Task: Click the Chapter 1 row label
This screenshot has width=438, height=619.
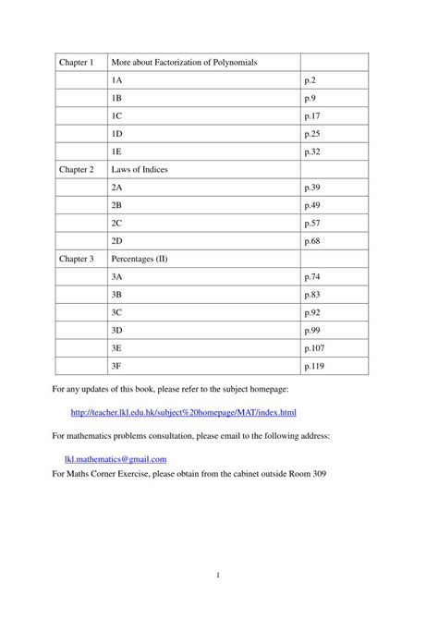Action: click(77, 63)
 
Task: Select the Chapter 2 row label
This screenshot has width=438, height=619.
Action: click(77, 170)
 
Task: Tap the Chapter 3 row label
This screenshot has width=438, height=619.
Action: click(77, 259)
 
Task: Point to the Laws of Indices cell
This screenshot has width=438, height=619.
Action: click(140, 170)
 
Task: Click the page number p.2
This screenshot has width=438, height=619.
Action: click(310, 80)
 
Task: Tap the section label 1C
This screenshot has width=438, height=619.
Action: click(116, 116)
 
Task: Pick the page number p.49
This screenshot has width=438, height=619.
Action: click(311, 205)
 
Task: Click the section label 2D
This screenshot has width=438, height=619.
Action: click(116, 240)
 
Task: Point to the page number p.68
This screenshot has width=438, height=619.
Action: click(311, 240)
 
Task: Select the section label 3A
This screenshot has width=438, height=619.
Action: click(116, 276)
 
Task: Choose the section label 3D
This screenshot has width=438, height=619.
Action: click(116, 330)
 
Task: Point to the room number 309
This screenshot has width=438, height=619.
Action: click(314, 474)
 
